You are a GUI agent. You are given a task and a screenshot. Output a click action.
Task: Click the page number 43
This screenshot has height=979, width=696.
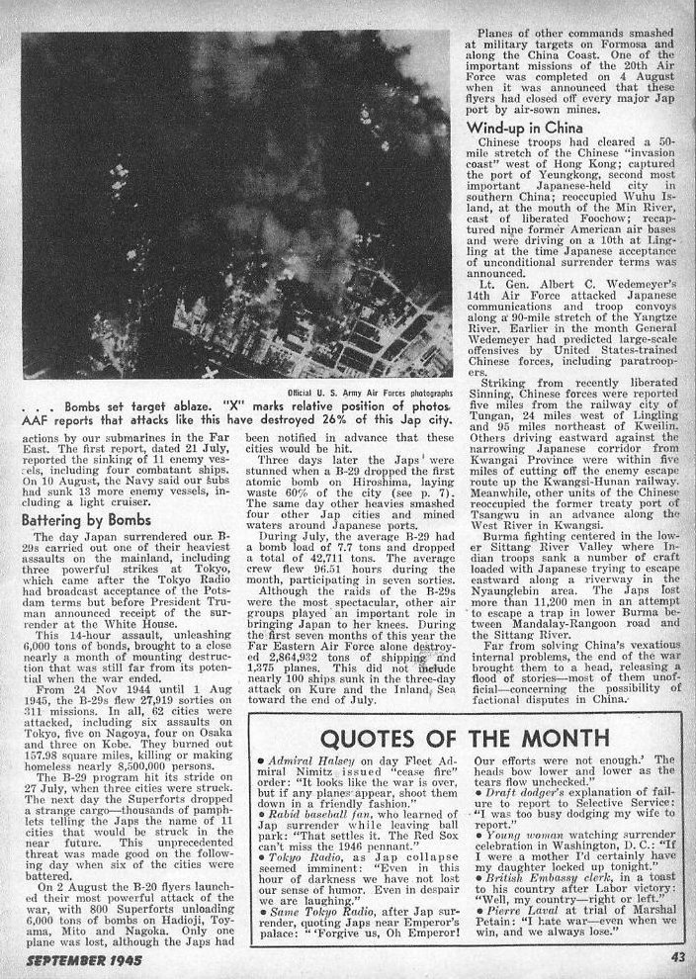pyautogui.click(x=677, y=956)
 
